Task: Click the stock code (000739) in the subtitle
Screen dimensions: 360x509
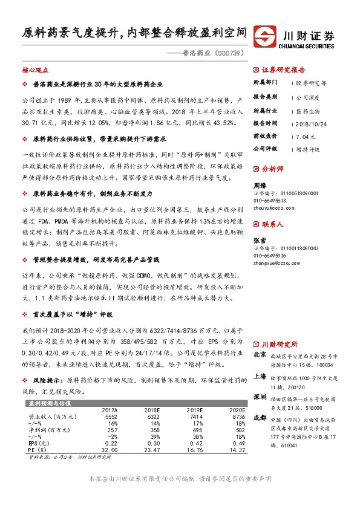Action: (229, 53)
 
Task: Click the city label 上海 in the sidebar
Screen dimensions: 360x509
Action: (259, 375)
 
